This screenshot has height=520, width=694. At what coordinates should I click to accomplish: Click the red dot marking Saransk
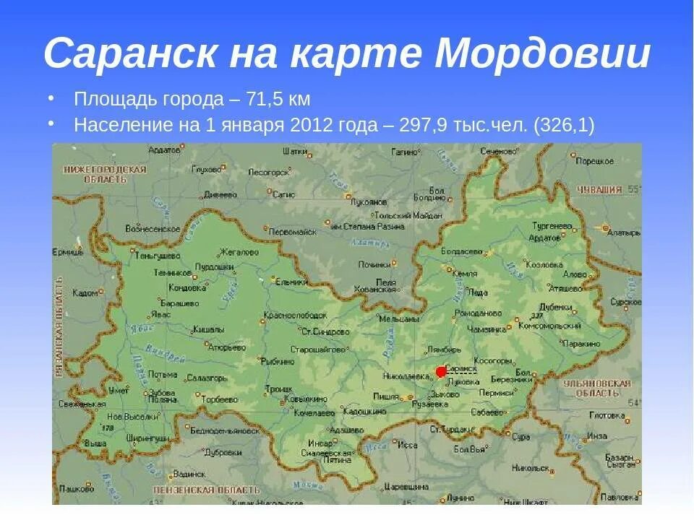click(441, 372)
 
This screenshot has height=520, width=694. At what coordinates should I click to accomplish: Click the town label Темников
click(172, 273)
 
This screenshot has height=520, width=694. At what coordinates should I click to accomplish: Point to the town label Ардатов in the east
click(545, 237)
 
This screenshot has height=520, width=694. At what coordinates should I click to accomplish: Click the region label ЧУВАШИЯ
click(599, 190)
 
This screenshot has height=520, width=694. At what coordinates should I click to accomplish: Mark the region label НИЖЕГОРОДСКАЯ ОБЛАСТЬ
click(105, 174)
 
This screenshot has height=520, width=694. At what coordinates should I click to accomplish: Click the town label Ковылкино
click(306, 399)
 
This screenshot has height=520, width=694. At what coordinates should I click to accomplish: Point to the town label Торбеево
click(220, 399)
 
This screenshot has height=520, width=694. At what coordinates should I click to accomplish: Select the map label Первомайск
click(293, 232)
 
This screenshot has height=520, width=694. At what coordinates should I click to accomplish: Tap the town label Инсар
click(319, 442)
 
